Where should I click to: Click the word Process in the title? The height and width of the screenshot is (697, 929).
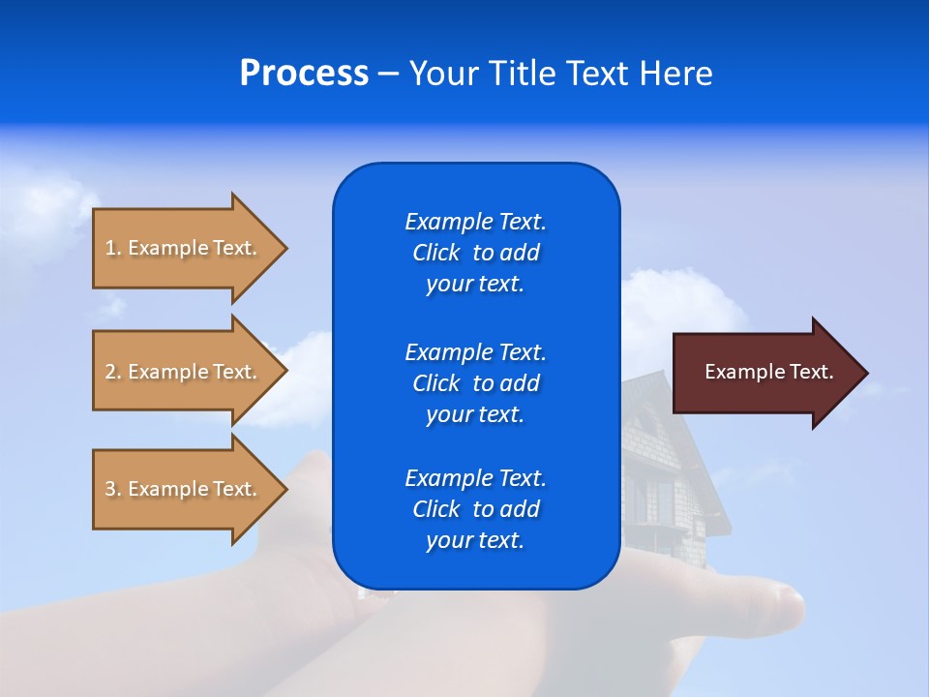click(304, 74)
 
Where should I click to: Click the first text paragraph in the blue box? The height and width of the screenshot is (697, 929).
click(475, 253)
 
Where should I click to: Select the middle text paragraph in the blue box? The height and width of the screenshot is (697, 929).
click(475, 382)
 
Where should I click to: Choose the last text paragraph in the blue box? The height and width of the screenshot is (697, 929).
click(475, 509)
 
